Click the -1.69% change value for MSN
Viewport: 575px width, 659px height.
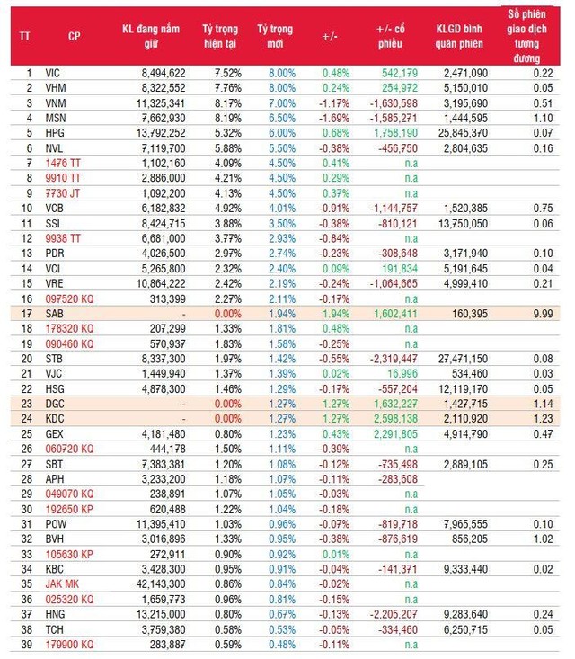coord(333,118)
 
